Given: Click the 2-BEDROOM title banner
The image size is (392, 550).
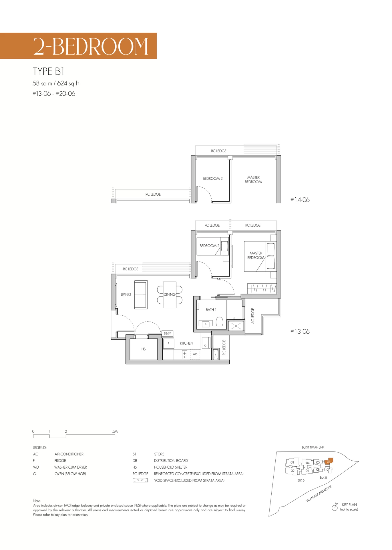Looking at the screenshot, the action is pos(78,46).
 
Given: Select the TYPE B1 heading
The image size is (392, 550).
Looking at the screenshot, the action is pos(48,71).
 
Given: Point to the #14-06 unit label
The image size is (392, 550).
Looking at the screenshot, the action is pos(300,200).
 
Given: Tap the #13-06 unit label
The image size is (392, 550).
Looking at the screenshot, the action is pos(300,331).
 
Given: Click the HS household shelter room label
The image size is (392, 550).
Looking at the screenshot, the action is pos(144,349).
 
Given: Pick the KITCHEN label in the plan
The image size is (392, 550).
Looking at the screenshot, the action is pos(186,343).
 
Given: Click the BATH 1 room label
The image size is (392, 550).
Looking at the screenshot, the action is pos(211,310).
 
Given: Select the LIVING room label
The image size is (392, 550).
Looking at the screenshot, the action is pos(126,294).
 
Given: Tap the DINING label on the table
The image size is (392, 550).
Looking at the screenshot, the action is pos(170,294).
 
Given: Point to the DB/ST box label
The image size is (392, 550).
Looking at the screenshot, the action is pos(167,333).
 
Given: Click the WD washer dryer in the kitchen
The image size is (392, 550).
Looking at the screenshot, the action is pos(195,354).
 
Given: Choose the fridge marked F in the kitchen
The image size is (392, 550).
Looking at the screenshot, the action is pos(169,343).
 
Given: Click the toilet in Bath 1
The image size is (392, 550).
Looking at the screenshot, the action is pos(219,321).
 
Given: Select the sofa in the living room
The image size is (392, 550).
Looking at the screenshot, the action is pos(141,295).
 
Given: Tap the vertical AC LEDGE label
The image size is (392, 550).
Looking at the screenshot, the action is pos(253,316).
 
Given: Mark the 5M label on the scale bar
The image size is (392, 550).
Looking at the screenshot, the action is pos(115,431).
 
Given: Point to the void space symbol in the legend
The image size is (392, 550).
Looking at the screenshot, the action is pos(140,480).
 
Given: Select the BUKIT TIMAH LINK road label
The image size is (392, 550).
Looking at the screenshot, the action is pos(313,447).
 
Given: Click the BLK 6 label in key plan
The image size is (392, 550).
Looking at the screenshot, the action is pos(301,480).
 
